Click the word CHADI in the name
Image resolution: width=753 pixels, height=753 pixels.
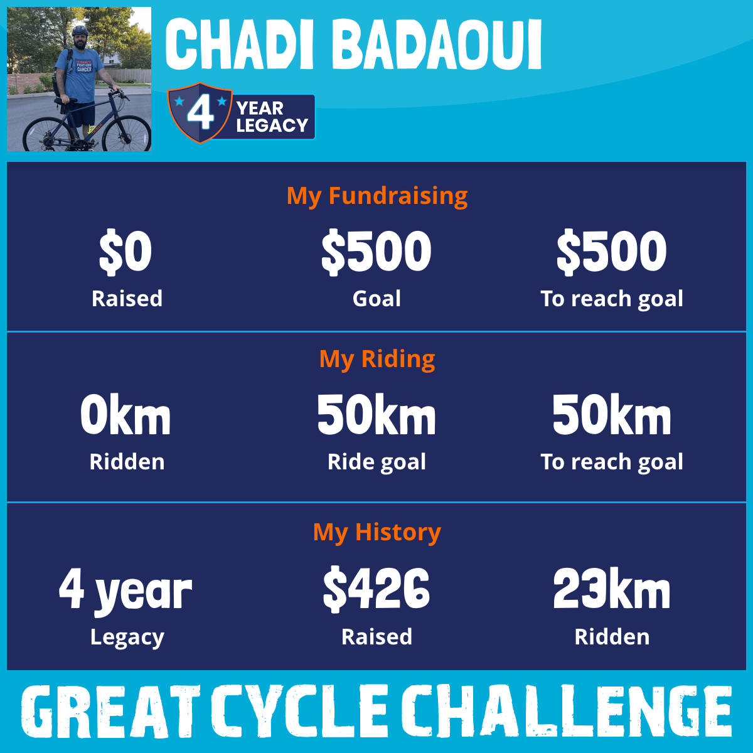pos(239,44)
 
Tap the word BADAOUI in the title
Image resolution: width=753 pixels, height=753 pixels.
pos(437,44)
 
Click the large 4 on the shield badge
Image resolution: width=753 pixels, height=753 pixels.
pos(200,113)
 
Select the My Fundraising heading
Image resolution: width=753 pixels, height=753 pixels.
pos(377,196)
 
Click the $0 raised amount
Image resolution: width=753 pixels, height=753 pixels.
pos(125,252)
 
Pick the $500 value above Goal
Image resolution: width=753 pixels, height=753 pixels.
pos(376,252)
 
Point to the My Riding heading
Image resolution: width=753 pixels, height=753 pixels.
pos(377,359)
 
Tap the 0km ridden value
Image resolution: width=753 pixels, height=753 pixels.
pos(125,414)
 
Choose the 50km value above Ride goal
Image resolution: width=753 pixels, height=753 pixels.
pos(376,414)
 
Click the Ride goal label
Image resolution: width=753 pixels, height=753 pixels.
pos(376,462)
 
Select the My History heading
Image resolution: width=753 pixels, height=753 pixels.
pos(377,533)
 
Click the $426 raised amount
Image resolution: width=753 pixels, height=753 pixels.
pos(376,589)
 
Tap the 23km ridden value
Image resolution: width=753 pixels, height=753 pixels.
pos(612,588)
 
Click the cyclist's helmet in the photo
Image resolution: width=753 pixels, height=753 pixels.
pos(80,31)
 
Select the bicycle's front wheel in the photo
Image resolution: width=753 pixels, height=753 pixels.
pos(127,129)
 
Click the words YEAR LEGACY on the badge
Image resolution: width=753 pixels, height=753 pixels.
pos(272,117)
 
